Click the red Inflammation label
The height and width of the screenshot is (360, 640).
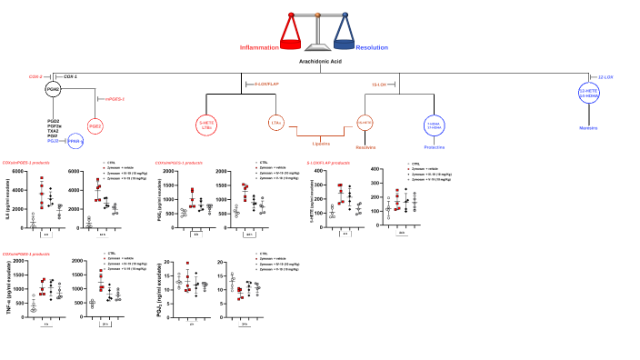tap(258, 46)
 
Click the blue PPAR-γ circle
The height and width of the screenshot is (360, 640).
tap(76, 142)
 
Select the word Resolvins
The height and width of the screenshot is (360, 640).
tap(365, 145)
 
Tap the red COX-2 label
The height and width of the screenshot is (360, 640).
tap(37, 76)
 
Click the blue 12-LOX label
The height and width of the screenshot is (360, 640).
tap(606, 76)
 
